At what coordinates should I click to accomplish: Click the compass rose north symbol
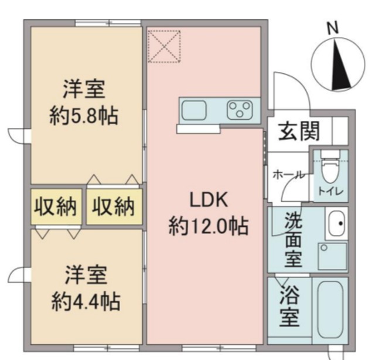click(336, 64)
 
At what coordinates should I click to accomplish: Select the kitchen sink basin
click(193, 109)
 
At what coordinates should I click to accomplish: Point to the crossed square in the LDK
click(164, 46)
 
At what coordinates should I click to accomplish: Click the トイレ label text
click(332, 192)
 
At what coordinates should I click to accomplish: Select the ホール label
click(288, 175)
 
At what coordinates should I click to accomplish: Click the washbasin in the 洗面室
click(336, 223)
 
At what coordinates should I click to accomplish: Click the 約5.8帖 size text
click(84, 116)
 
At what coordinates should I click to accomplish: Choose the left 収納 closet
click(56, 206)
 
